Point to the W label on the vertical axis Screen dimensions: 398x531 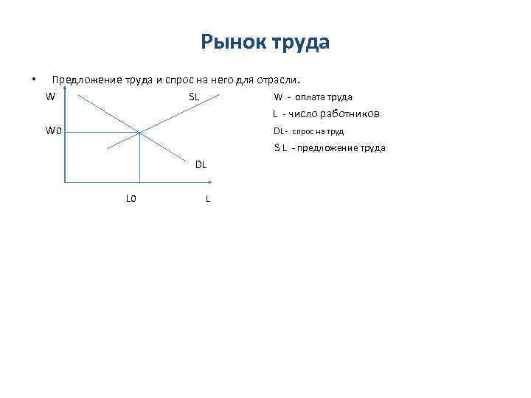[49, 97]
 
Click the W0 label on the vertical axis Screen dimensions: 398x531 [53, 131]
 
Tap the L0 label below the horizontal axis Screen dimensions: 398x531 [131, 198]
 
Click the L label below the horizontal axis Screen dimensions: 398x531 [208, 198]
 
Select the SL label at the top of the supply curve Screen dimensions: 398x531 [193, 97]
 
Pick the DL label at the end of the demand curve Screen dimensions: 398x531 [201, 164]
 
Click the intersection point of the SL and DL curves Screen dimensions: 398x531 [139, 133]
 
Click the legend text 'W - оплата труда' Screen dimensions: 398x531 [313, 97]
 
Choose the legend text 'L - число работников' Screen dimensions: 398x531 [326, 114]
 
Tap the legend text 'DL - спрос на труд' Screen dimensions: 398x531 [308, 131]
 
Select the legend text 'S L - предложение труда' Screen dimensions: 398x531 [330, 148]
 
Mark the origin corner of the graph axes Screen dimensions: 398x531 [66, 181]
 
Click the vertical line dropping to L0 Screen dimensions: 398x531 [139, 158]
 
